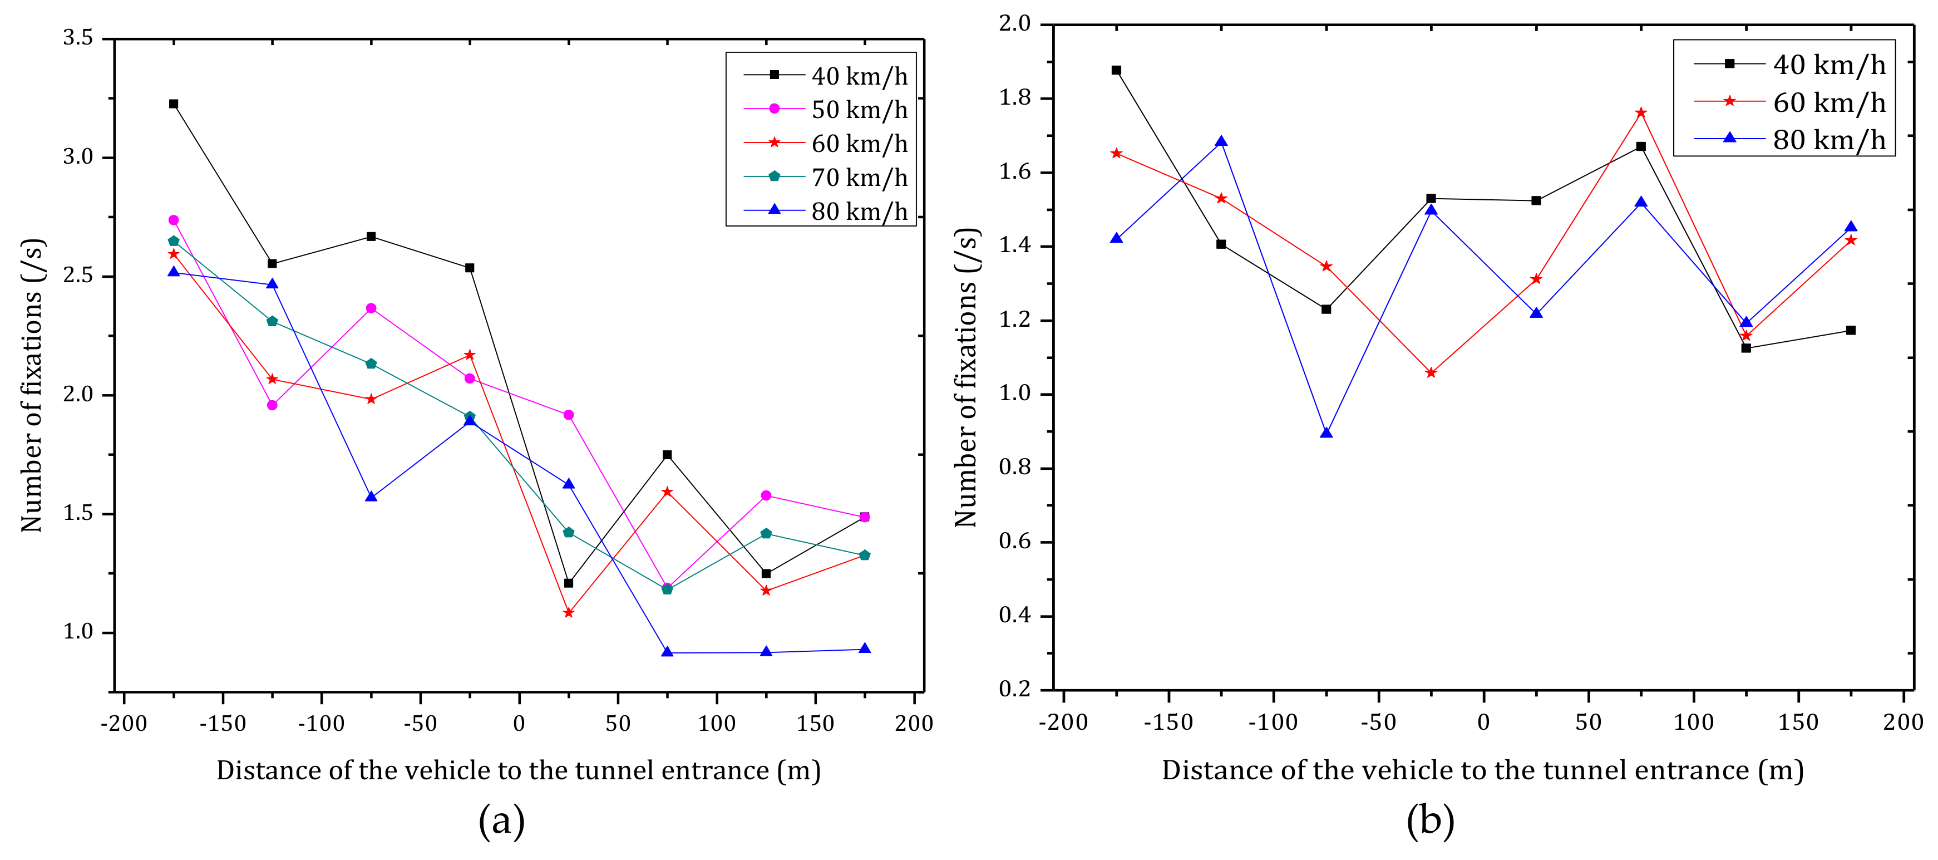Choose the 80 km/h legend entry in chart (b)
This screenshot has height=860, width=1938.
pyautogui.click(x=1790, y=139)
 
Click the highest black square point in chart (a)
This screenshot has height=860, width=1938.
pyautogui.click(x=174, y=104)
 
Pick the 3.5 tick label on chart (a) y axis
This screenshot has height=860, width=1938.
pyautogui.click(x=78, y=38)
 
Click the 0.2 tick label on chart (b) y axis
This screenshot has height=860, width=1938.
pyautogui.click(x=1014, y=689)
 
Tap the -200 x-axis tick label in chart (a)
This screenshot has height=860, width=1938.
pyautogui.click(x=124, y=724)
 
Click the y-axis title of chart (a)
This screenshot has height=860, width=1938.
pyautogui.click(x=32, y=385)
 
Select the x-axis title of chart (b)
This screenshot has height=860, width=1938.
pyautogui.click(x=1482, y=770)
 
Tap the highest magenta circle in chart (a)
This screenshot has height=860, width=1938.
pyautogui.click(x=174, y=220)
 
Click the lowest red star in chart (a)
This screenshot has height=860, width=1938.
pyautogui.click(x=568, y=612)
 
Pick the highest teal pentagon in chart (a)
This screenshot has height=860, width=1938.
pyautogui.click(x=174, y=241)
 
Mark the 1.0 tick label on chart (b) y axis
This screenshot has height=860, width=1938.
pyautogui.click(x=1014, y=394)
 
